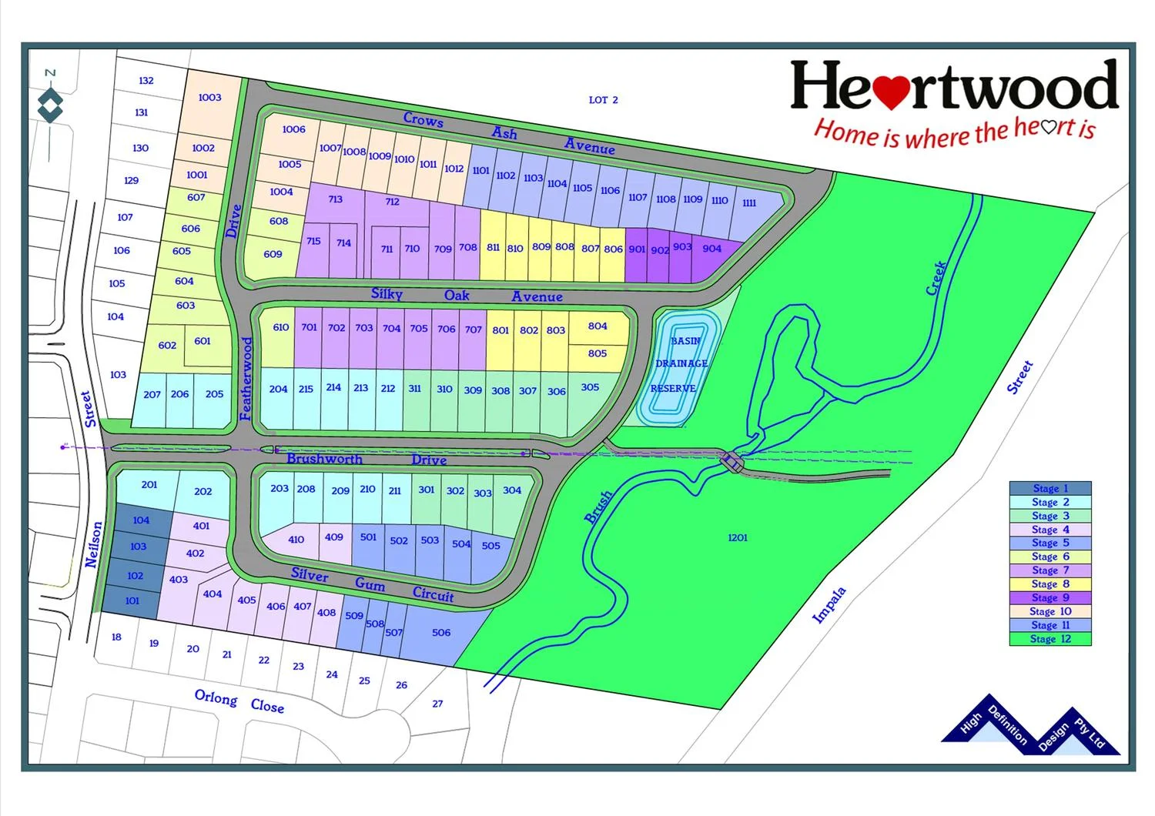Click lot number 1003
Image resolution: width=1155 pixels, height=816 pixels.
[x=209, y=98]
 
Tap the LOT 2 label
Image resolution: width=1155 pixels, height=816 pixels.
[x=603, y=100]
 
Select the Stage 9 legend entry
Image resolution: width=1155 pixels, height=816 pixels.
[x=1050, y=597]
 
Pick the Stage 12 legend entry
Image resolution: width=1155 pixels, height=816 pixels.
[x=1050, y=639]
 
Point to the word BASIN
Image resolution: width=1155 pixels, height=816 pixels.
[x=685, y=341]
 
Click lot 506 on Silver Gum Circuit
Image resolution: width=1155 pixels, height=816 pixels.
[x=441, y=633]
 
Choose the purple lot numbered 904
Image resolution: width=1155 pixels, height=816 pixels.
[x=712, y=249]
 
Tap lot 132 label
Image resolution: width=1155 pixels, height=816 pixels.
[x=146, y=81]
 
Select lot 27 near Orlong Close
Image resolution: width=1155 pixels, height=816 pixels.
[x=437, y=704]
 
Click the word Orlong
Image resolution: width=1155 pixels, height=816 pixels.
[x=216, y=697]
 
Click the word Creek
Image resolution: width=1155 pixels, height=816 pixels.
[x=936, y=278]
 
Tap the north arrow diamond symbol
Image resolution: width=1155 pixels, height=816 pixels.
[x=50, y=105]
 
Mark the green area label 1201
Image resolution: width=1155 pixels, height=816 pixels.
[x=737, y=538]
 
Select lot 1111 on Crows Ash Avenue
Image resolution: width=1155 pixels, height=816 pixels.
[x=748, y=203]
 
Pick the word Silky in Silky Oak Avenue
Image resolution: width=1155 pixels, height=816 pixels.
[x=387, y=294]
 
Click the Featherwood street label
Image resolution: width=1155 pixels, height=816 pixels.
[x=246, y=379]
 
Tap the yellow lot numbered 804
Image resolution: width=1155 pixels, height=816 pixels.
[x=598, y=326]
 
